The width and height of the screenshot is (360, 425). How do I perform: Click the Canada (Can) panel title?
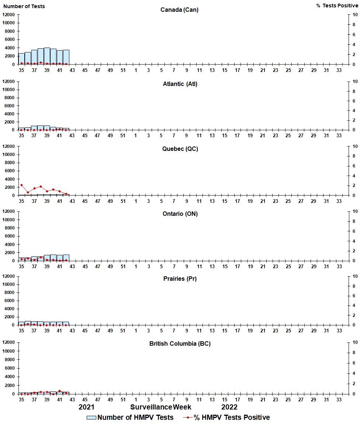click(x=179, y=10)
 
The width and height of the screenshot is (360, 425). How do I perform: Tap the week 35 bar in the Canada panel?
click(x=21, y=59)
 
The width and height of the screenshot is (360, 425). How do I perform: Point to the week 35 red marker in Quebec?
click(x=21, y=185)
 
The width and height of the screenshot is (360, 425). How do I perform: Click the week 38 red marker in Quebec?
click(x=41, y=186)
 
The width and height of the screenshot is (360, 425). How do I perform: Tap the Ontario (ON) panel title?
click(x=180, y=214)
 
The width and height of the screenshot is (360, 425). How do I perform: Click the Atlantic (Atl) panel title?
click(x=180, y=84)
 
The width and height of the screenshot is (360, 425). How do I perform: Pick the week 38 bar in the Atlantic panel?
click(x=41, y=128)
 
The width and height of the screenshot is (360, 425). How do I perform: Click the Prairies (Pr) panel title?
click(x=180, y=279)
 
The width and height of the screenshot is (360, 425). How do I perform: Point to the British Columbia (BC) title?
click(x=180, y=343)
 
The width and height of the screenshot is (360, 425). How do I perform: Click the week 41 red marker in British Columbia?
click(x=60, y=391)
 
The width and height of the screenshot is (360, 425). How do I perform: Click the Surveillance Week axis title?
click(x=161, y=407)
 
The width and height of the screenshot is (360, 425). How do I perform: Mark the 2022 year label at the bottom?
click(x=229, y=407)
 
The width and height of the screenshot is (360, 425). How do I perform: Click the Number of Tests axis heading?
click(x=24, y=6)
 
